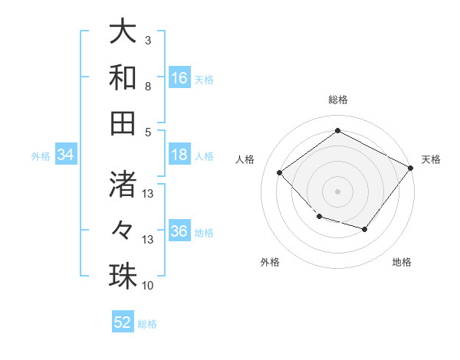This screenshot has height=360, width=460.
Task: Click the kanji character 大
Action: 123,32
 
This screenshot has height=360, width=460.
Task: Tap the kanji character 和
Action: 123,77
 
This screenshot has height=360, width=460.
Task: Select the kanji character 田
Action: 123,123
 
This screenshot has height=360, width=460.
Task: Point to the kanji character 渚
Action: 123,184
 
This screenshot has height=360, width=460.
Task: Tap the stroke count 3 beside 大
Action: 148,40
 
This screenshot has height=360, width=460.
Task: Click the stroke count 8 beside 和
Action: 148,86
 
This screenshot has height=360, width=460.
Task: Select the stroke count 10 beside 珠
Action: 148,286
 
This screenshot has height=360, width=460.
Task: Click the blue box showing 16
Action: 179,78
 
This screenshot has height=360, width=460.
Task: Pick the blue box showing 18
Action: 179,155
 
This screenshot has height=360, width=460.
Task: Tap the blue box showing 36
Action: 179,232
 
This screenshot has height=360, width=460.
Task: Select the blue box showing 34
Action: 66,155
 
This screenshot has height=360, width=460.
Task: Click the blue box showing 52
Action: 123,322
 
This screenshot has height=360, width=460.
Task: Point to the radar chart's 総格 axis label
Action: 337,100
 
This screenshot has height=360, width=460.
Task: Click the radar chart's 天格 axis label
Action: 431,159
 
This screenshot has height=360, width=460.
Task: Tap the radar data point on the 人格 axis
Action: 280,173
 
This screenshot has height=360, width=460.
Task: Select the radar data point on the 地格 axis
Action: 365,229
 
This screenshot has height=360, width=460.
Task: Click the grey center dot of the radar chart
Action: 337,191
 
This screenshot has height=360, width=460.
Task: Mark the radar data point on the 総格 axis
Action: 337,131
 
